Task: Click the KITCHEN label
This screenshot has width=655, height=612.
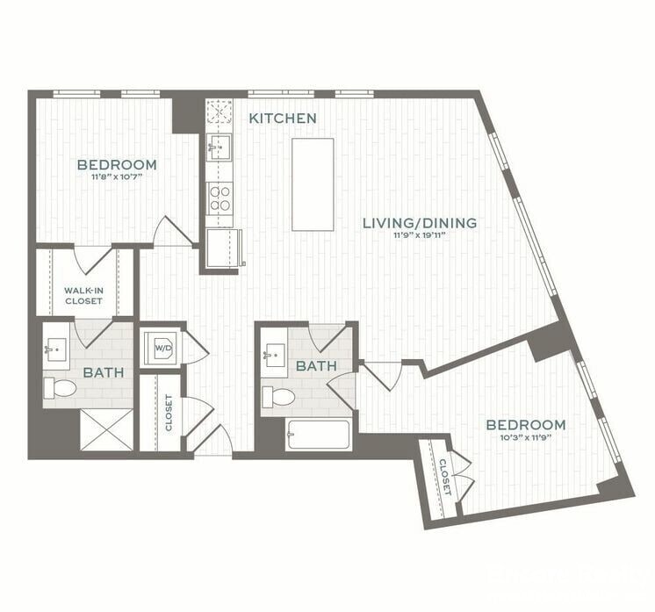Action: click(282, 118)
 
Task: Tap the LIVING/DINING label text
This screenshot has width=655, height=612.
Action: click(420, 223)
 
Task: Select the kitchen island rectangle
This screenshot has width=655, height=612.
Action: click(313, 184)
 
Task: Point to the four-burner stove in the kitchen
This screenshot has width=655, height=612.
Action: click(220, 197)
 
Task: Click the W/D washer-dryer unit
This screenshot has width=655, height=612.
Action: click(162, 348)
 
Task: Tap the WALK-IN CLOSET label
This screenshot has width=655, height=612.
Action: click(83, 294)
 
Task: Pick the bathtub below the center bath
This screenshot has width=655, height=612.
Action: click(318, 435)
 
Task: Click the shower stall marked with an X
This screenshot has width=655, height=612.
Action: click(106, 430)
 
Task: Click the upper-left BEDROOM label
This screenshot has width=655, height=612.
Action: click(117, 164)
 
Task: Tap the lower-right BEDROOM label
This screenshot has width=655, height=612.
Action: click(526, 424)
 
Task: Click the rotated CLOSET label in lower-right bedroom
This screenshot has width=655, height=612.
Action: click(445, 476)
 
